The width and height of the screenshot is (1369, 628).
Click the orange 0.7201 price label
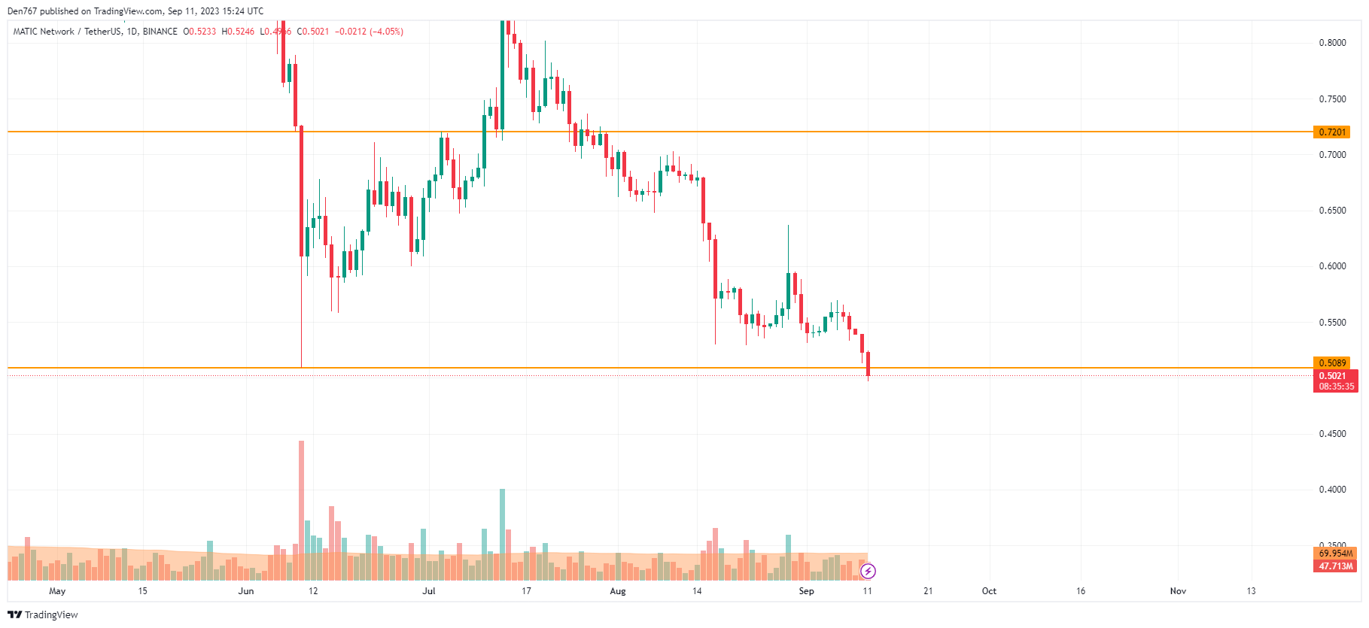pyautogui.click(x=1331, y=132)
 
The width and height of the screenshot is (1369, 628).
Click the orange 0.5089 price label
pyautogui.click(x=1331, y=363)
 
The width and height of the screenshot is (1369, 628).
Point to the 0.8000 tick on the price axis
pyautogui.click(x=1332, y=43)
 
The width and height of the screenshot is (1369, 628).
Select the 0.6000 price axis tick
pyautogui.click(x=1332, y=266)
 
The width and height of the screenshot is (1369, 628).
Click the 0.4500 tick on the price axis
pyautogui.click(x=1332, y=434)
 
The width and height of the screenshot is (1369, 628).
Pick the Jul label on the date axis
pyautogui.click(x=429, y=591)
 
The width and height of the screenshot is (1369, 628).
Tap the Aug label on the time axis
pyautogui.click(x=618, y=591)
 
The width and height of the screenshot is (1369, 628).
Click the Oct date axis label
pyautogui.click(x=989, y=591)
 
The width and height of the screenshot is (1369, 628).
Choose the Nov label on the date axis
pyautogui.click(x=1178, y=591)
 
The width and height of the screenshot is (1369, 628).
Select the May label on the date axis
pyautogui.click(x=57, y=591)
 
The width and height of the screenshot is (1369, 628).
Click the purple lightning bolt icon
pyautogui.click(x=868, y=572)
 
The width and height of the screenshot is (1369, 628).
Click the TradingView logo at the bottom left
pyautogui.click(x=43, y=614)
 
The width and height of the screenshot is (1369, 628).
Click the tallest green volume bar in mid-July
pyautogui.click(x=502, y=534)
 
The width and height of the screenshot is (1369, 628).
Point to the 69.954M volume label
pyautogui.click(x=1335, y=554)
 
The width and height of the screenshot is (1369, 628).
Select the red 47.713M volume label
pyautogui.click(x=1335, y=566)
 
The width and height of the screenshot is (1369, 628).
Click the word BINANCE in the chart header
pyautogui.click(x=160, y=32)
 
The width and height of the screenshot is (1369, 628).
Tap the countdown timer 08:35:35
pyautogui.click(x=1336, y=387)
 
